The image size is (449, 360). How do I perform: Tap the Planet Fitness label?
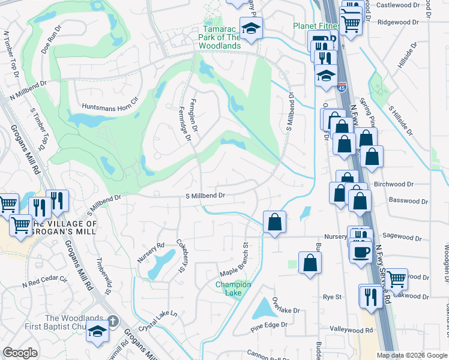(316, 26)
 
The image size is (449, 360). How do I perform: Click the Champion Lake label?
(233, 288)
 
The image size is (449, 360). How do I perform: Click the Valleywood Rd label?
(352, 330)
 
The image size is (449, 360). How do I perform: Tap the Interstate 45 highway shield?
(342, 88)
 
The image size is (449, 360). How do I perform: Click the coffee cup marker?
(361, 251)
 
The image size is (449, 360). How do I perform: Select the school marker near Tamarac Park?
(250, 28)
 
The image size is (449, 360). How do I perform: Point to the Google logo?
(20, 353)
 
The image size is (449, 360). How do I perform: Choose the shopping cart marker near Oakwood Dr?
(396, 278)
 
